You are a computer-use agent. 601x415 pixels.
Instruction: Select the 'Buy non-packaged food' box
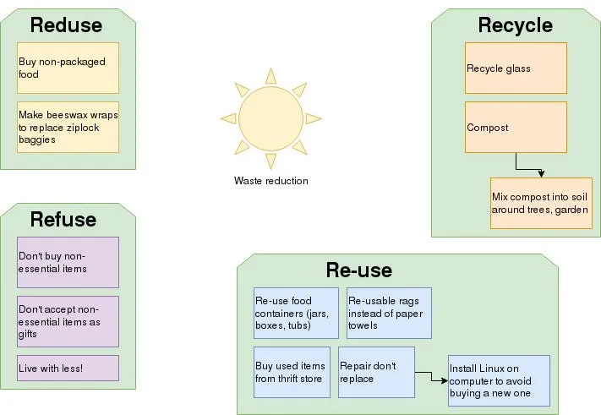pyautogui.click(x=68, y=68)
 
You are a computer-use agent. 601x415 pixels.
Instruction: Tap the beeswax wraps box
pyautogui.click(x=68, y=127)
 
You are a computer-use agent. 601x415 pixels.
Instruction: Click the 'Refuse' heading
pyautogui.click(x=63, y=220)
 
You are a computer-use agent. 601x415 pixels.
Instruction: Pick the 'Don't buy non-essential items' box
pyautogui.click(x=68, y=262)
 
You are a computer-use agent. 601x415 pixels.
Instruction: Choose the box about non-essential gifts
pyautogui.click(x=68, y=321)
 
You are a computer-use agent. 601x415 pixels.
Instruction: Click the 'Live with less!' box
pyautogui.click(x=68, y=368)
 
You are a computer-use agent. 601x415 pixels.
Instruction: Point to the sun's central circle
pyautogui.click(x=264, y=119)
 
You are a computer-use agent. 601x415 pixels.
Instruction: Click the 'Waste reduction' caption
pyautogui.click(x=270, y=181)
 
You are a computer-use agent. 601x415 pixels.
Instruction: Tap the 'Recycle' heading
pyautogui.click(x=515, y=25)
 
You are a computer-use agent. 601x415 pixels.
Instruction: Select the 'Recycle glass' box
pyautogui.click(x=516, y=68)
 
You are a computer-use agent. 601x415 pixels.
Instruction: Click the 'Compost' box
pyautogui.click(x=516, y=127)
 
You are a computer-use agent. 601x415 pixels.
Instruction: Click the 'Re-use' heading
pyautogui.click(x=358, y=270)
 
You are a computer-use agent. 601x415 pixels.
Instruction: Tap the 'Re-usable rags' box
pyautogui.click(x=389, y=313)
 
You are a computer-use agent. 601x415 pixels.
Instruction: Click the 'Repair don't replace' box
pyautogui.click(x=376, y=372)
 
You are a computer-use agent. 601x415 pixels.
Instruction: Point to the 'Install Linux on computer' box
pyautogui.click(x=499, y=380)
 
